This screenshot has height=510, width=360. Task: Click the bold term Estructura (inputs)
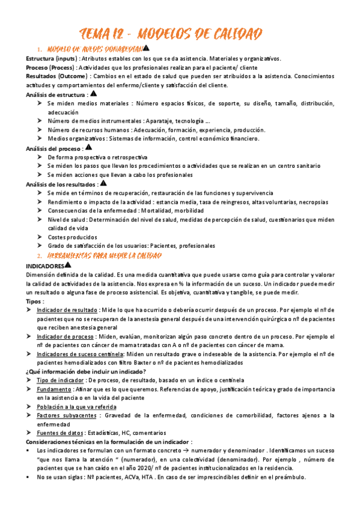49,59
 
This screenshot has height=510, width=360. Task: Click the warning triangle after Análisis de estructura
93,94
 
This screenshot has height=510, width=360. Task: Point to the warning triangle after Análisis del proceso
89,147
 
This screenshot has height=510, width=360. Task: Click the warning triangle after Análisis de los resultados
103,183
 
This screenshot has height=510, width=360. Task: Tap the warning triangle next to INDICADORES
67,265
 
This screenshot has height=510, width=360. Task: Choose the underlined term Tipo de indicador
61,381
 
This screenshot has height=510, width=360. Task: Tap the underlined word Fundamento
53,389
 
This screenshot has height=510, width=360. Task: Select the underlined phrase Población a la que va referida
76,407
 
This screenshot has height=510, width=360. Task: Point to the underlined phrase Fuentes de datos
60,433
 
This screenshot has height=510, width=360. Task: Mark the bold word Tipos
34,301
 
